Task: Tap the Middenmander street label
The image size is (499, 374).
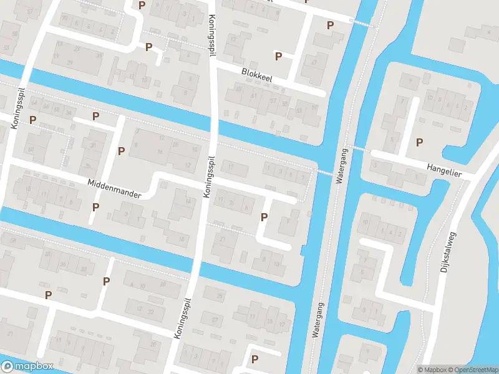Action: [115, 189]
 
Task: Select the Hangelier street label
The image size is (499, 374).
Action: [444, 170]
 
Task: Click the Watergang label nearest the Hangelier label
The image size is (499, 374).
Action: [341, 165]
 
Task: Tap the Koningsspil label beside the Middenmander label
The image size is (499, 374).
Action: [210, 177]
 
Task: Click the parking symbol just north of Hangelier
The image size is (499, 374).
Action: [419, 142]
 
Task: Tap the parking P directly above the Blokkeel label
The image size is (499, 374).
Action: [278, 56]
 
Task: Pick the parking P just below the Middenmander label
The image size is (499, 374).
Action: [95, 207]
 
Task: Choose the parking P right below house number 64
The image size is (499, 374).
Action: [32, 120]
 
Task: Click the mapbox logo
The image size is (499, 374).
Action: [28, 367]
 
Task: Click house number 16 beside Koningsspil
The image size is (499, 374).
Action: [160, 151]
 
